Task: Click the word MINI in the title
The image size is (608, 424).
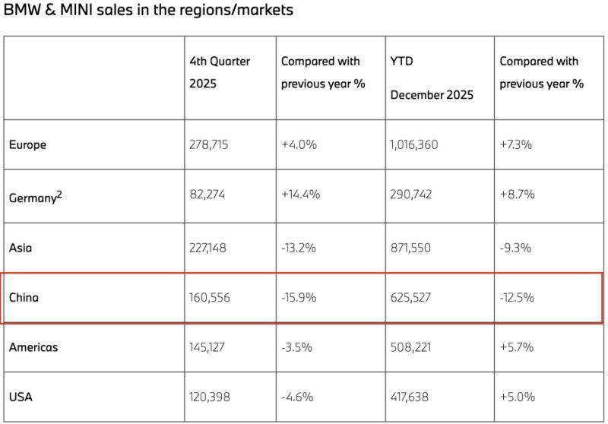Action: pyautogui.click(x=76, y=10)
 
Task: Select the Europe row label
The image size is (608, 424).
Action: pyautogui.click(x=27, y=144)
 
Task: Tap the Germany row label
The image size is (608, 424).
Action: pyautogui.click(x=33, y=198)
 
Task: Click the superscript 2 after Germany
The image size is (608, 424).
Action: pyautogui.click(x=59, y=195)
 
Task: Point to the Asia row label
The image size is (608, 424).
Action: pyautogui.click(x=21, y=248)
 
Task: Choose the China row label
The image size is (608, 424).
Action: pyautogui.click(x=24, y=297)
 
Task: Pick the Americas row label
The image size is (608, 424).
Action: pyautogui.click(x=33, y=346)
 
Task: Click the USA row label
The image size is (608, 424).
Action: pyautogui.click(x=21, y=397)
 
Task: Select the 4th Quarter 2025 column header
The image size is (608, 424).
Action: pyautogui.click(x=220, y=72)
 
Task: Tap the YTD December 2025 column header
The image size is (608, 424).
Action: pyautogui.click(x=432, y=78)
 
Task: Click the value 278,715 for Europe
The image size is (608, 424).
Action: pyautogui.click(x=208, y=144)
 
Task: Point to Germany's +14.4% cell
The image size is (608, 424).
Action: pyautogui.click(x=300, y=194)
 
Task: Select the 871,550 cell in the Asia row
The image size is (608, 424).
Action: pyautogui.click(x=410, y=248)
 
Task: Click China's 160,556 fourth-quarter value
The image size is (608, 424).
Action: pyautogui.click(x=210, y=297)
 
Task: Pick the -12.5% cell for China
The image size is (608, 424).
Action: pyautogui.click(x=517, y=297)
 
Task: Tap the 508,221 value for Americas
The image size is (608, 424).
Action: pyautogui.click(x=410, y=346)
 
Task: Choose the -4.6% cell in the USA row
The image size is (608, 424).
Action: pyautogui.click(x=297, y=397)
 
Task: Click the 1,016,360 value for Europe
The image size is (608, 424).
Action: pyautogui.click(x=413, y=144)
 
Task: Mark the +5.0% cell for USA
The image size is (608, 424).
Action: pyautogui.click(x=518, y=397)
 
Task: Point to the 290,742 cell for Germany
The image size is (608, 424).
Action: pyautogui.click(x=410, y=194)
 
